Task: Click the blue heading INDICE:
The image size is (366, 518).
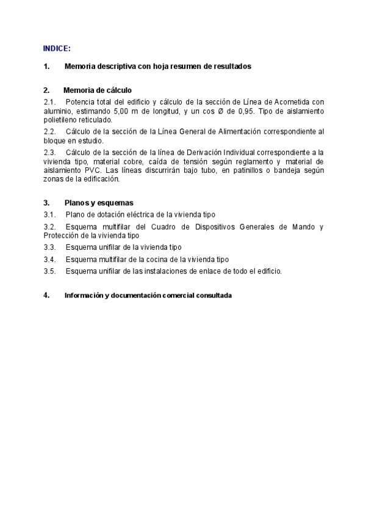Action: coord(57,48)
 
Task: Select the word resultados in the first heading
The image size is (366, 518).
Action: coord(230,67)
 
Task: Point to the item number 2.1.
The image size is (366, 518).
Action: coord(50,102)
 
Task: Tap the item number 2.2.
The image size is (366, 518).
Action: coord(50,131)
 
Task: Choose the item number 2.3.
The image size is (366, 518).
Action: coord(50,152)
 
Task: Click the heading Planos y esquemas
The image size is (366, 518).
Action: coord(99,203)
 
